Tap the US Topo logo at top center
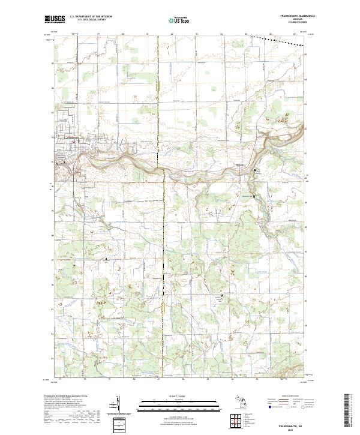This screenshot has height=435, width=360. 181,20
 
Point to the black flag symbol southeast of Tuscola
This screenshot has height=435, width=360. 255,171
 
